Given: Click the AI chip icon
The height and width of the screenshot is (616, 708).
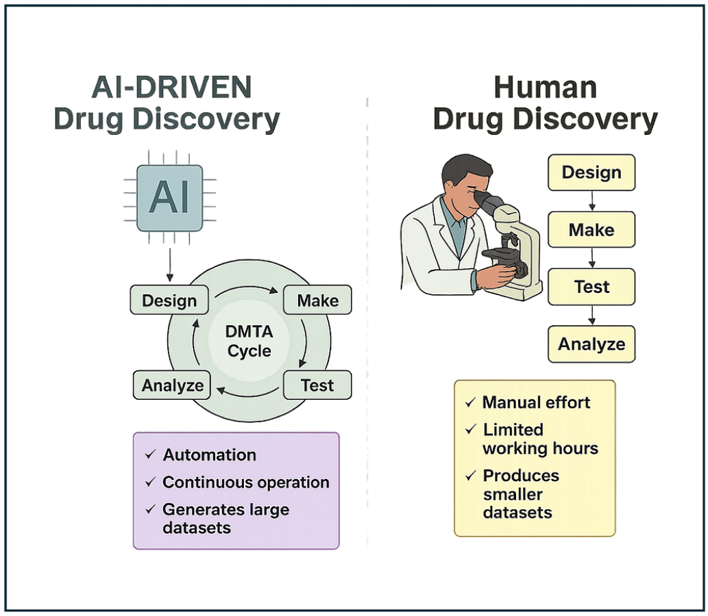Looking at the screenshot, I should (x=169, y=198).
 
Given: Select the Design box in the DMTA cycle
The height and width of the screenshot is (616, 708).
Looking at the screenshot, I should (x=169, y=300).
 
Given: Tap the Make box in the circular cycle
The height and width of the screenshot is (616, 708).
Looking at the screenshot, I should (x=317, y=300).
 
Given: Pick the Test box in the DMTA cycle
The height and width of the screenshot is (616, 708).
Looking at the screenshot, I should (x=317, y=385).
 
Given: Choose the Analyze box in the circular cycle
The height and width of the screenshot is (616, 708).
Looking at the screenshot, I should (x=172, y=385).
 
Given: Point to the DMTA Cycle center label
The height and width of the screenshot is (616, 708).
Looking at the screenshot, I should (x=249, y=342).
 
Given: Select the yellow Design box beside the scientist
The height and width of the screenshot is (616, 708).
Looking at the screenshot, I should (x=591, y=172).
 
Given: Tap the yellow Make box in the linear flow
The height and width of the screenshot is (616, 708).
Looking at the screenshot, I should (x=591, y=229).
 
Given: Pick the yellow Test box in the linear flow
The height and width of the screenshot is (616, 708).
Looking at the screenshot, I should (x=591, y=287).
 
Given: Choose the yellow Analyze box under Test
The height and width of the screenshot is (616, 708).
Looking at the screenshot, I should (x=591, y=344).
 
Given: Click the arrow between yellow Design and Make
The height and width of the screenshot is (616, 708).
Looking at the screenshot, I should (x=591, y=201).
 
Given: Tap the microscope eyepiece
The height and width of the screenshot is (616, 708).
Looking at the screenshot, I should (x=491, y=200).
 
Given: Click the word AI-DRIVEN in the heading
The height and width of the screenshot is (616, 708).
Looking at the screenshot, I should (x=172, y=88).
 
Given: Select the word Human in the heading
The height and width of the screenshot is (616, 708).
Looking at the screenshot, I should (x=545, y=88).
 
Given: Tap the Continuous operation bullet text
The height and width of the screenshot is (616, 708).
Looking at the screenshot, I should (x=246, y=483).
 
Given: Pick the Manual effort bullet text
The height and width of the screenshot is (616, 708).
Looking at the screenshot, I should (x=536, y=402).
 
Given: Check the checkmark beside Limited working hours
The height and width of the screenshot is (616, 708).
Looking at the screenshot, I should (x=469, y=430).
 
